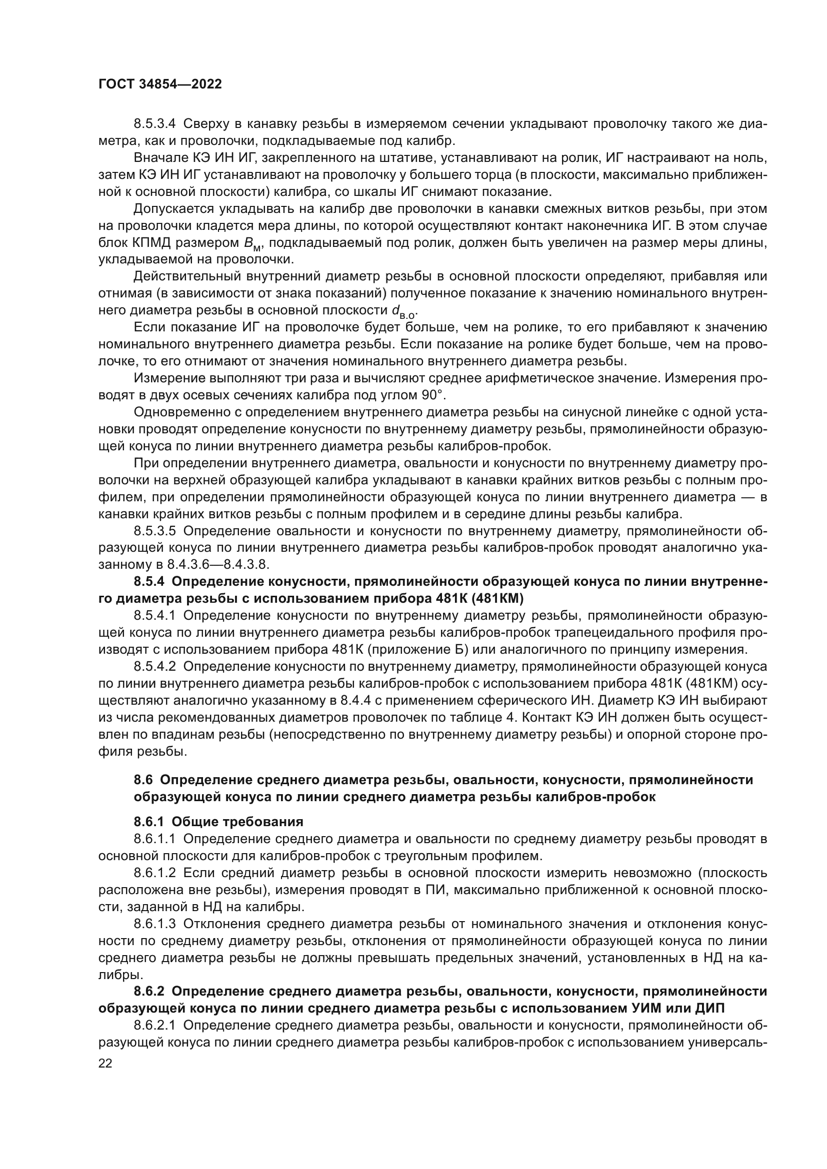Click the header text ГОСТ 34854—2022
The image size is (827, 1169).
[x=160, y=84]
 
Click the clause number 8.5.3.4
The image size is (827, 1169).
[x=154, y=124]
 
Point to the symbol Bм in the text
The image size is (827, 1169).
[x=252, y=244]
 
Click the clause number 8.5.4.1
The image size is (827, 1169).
[x=154, y=616]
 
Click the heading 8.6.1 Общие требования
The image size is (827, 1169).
[x=218, y=822]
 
